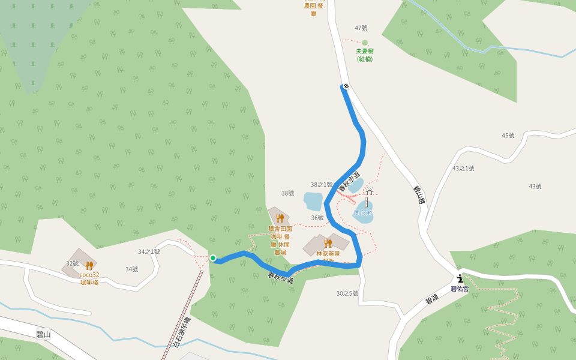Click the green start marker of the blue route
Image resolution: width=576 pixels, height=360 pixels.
pos(213,258)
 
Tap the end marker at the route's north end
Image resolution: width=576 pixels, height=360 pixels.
pos(346,86)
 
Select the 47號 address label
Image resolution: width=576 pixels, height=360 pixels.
pos(361,28)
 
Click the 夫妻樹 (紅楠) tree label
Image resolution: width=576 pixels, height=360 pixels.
pos(365,55)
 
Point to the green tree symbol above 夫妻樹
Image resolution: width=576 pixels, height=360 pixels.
pos(365,43)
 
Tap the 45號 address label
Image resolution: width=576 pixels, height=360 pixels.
pos(508,135)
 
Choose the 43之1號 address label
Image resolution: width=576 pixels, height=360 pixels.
pos(463,169)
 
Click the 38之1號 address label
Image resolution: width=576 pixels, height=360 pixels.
pos(322,184)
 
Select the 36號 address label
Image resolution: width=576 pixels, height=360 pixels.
pos(317,217)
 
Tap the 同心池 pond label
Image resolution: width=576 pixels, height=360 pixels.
pos(363,213)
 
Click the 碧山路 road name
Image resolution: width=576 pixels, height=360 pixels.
pos(418,195)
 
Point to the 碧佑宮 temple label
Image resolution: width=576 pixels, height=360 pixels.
pos(460,289)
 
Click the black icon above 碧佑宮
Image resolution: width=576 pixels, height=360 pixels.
pos(460,278)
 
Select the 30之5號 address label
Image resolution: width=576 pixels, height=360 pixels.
pos(347,293)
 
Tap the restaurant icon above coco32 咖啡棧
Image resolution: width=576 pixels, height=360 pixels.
pos(89,265)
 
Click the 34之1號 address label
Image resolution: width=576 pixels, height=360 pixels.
pos(149,252)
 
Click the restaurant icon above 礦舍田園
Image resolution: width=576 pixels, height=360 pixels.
pos(280,218)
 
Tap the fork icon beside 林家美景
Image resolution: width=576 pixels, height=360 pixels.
pos(328,243)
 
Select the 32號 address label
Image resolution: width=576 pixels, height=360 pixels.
pos(73,263)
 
